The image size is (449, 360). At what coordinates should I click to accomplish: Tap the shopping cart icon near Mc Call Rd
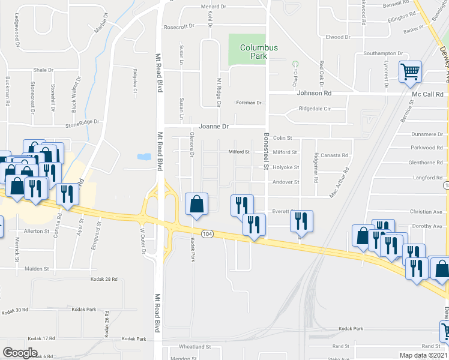411,72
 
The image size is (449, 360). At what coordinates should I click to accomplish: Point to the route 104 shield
208,233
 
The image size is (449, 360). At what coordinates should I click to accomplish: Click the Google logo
20,353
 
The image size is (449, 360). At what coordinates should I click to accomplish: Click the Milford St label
285,152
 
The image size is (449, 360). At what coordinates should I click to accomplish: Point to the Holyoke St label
286,167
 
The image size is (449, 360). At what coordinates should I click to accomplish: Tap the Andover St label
286,182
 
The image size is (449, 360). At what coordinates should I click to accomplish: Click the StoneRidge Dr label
81,125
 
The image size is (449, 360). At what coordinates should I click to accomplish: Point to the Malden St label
37,269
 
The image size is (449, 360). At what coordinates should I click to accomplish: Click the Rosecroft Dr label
179,26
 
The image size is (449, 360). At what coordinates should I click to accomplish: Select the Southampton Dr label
378,53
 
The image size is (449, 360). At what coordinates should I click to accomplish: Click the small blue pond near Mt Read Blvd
144,157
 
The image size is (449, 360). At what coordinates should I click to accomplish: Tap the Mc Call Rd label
431,94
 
